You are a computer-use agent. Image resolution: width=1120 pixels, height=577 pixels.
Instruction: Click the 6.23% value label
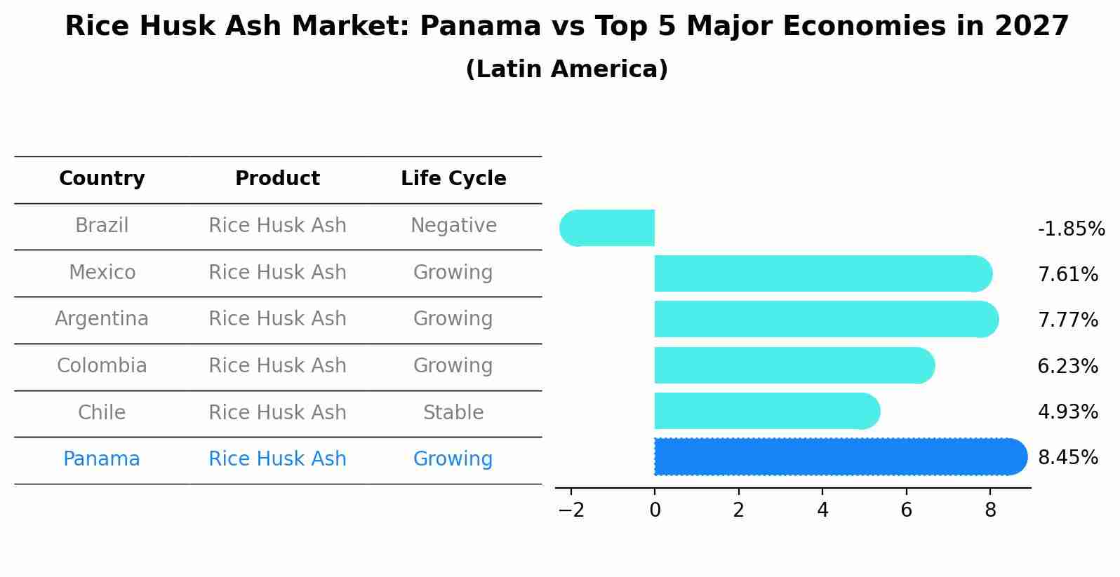1067,366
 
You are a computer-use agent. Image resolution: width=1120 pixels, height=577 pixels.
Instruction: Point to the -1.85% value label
1071,229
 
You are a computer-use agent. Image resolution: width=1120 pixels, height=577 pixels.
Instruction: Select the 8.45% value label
1067,458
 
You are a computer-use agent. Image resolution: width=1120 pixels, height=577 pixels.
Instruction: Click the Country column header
102,179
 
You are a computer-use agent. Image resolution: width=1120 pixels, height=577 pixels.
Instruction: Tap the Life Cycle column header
453,179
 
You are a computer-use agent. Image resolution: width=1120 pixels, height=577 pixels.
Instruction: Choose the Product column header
277,179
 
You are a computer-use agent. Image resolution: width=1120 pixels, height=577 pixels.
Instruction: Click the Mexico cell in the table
102,272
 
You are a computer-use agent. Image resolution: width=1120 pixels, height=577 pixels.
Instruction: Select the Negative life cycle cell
453,226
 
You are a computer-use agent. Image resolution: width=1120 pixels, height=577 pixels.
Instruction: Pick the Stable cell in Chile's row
453,412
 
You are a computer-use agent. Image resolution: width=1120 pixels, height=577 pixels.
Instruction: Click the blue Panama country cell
102,459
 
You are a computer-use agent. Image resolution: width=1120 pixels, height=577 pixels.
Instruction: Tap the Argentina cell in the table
102,319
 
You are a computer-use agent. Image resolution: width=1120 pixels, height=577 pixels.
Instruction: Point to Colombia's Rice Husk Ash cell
277,366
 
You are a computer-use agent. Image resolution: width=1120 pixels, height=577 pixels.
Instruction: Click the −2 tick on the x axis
571,510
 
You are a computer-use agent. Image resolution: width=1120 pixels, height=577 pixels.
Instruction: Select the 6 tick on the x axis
906,510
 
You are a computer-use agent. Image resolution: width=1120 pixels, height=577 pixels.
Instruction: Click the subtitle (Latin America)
566,69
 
